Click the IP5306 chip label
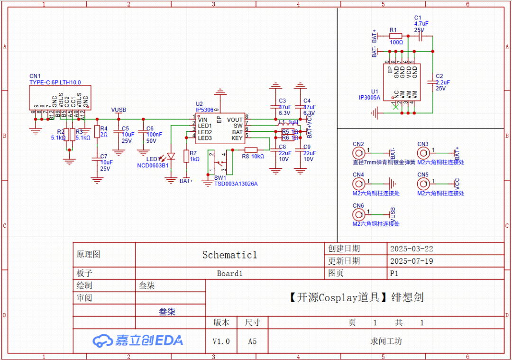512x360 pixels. coord(204,110)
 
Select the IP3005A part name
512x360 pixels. coord(369,97)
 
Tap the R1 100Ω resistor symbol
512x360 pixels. coord(396,36)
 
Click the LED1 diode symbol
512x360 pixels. coord(171,156)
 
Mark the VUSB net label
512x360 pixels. coord(119,110)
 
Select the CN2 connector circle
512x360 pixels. coord(358,153)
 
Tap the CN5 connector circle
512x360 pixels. coord(423,184)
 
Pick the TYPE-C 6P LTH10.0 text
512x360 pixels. coord(55,82)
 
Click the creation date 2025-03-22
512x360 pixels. coord(411,249)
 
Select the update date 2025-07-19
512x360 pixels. coord(411,261)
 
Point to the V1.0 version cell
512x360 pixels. coord(221,341)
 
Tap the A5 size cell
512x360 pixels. coord(252,341)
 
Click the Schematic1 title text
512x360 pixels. coord(229,255)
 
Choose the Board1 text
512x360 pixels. coord(229,273)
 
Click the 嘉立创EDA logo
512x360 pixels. coord(137,340)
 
